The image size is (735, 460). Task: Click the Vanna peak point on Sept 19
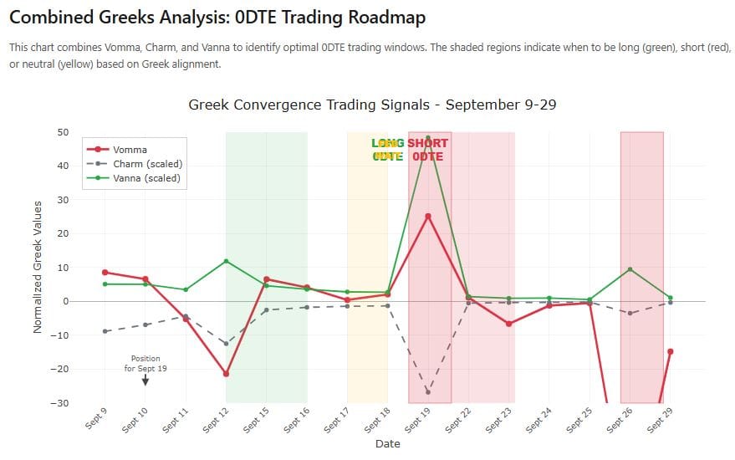428,138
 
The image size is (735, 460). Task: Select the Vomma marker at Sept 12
226,374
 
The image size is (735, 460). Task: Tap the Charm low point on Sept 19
428,392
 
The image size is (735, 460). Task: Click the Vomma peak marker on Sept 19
428,216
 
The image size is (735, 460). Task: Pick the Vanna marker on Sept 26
630,269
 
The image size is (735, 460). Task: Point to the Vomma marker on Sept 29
670,351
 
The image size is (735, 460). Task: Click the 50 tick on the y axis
63,132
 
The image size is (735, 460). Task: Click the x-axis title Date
387,444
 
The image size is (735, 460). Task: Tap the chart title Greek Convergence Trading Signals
372,105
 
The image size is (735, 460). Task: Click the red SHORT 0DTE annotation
427,150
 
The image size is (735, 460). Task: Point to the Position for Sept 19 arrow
145,381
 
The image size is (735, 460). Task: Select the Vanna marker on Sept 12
226,261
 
